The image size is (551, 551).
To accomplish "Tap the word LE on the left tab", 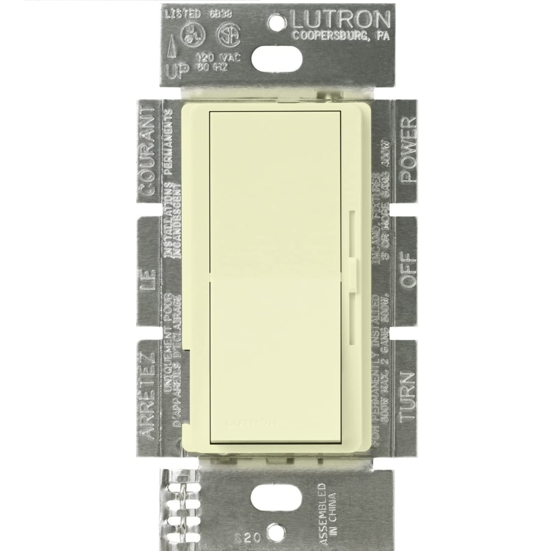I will tap(146, 280).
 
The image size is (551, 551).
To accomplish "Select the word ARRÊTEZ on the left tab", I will tap(146, 396).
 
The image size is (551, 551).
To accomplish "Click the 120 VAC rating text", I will tap(214, 59).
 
